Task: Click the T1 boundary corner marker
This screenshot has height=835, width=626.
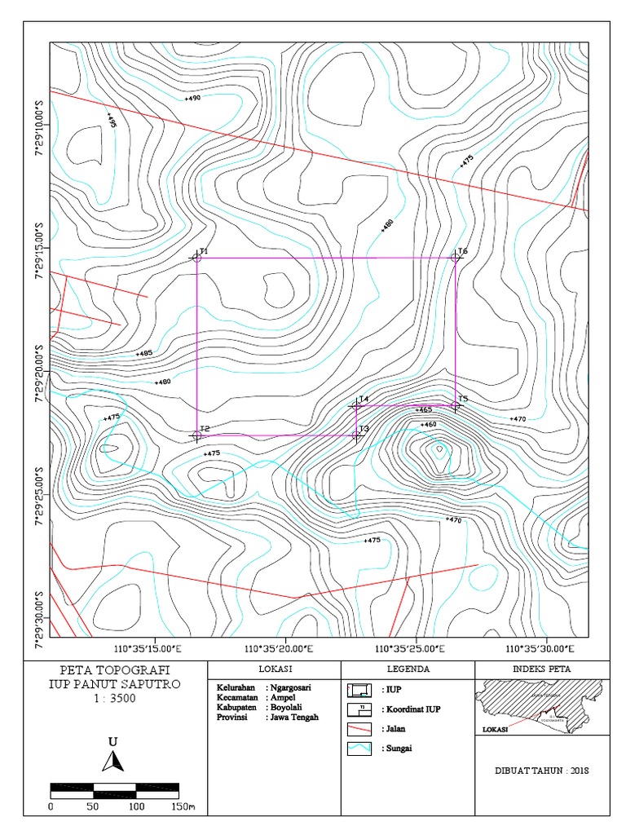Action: pyautogui.click(x=197, y=258)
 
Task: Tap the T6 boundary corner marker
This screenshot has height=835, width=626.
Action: pyautogui.click(x=456, y=258)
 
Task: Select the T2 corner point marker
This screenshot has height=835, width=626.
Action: pyautogui.click(x=197, y=435)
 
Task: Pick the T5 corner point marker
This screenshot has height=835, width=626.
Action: pyautogui.click(x=456, y=405)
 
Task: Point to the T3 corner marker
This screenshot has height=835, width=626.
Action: pyautogui.click(x=357, y=435)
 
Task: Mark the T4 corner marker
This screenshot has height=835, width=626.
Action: pyautogui.click(x=357, y=405)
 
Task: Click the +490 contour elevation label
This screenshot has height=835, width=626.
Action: pyautogui.click(x=192, y=98)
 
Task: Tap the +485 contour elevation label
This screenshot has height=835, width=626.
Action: pyautogui.click(x=143, y=353)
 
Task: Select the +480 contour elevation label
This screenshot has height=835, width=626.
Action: pyautogui.click(x=162, y=382)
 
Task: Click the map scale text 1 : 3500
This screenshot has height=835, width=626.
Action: pyautogui.click(x=114, y=698)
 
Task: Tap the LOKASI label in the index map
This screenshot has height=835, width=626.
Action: pyautogui.click(x=495, y=730)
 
